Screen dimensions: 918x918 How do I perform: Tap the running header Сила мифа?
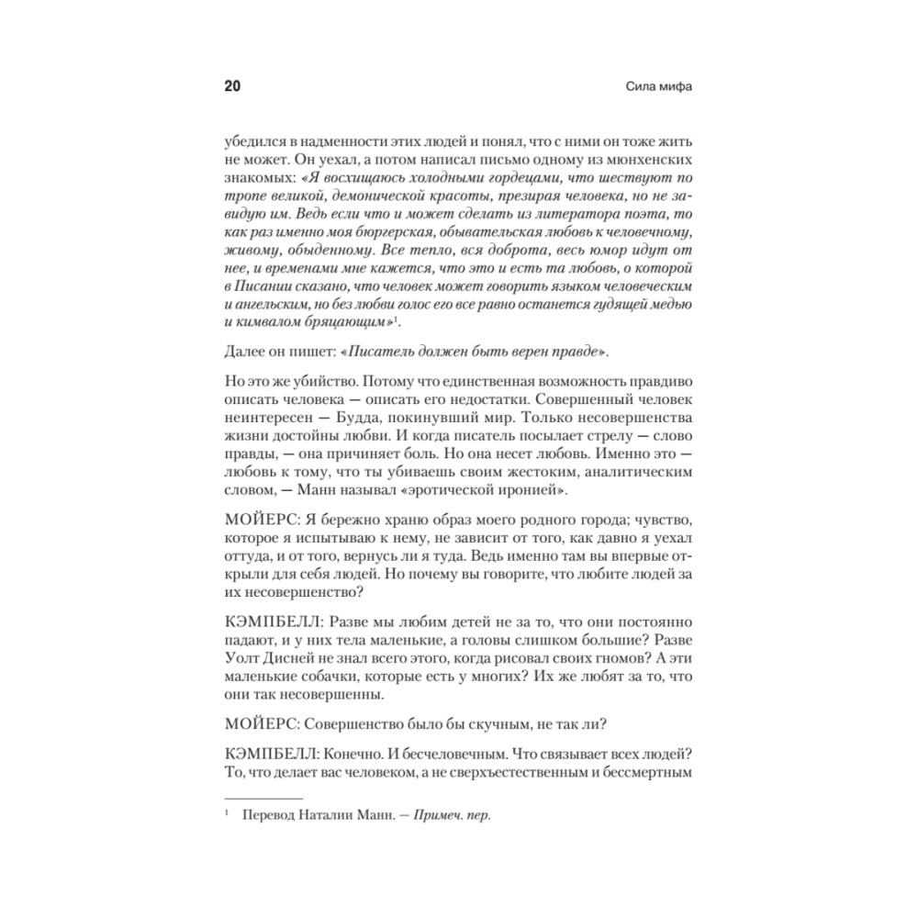point(657,88)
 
